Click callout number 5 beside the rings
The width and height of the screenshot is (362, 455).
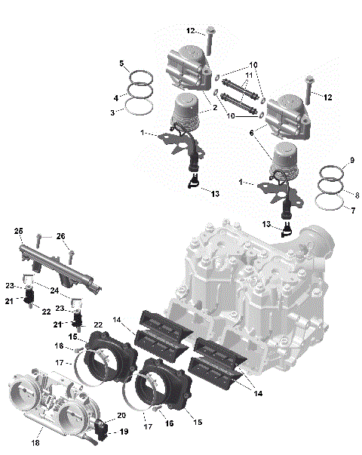(121, 63)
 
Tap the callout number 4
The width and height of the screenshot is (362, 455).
(115, 98)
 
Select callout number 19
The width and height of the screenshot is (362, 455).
(124, 432)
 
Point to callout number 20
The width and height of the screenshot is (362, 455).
(121, 415)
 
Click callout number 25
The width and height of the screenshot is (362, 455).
(19, 230)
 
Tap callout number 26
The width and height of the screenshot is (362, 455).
(61, 236)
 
